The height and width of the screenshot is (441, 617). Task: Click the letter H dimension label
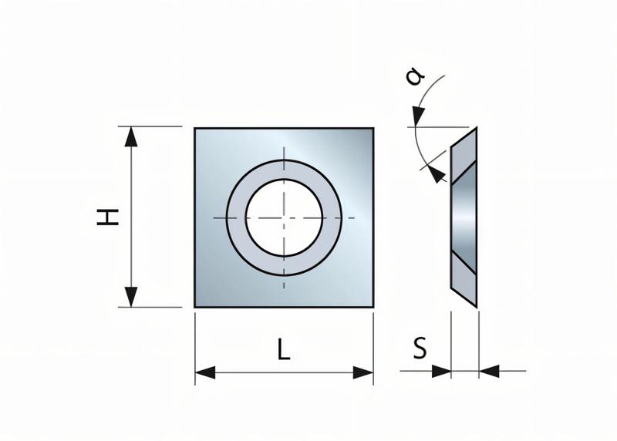[112, 217]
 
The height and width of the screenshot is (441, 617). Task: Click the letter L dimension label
[284, 351]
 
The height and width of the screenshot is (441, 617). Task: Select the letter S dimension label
[420, 349]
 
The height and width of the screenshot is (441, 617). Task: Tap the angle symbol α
[415, 77]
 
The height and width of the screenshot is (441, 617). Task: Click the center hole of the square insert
[284, 217]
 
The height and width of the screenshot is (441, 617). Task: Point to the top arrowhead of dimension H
[132, 136]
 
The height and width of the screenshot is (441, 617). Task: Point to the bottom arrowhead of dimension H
[132, 297]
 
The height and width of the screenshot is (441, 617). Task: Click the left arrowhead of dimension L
[204, 373]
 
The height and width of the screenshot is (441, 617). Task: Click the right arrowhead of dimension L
[363, 373]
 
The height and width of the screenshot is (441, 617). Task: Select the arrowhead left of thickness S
[442, 371]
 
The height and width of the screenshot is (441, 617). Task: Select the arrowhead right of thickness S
[488, 371]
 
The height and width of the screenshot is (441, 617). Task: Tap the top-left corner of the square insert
[195, 129]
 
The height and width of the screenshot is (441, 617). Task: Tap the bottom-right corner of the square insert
[373, 307]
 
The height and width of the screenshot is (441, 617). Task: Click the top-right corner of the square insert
[373, 129]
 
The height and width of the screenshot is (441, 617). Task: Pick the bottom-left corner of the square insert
[195, 307]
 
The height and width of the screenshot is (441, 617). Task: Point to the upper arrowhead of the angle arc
[417, 117]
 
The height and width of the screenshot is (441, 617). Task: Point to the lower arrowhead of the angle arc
[439, 175]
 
